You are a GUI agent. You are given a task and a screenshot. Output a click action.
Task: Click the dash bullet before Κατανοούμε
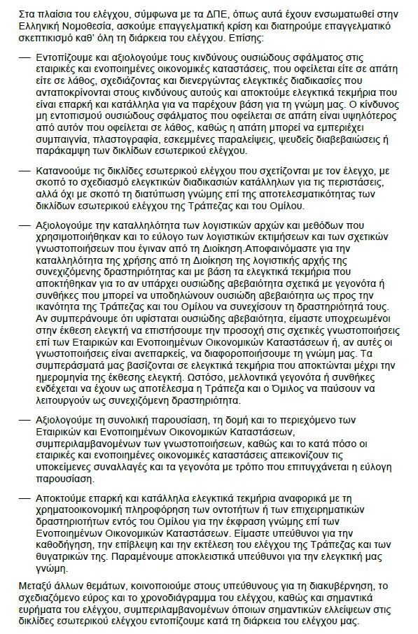pos(25,170)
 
